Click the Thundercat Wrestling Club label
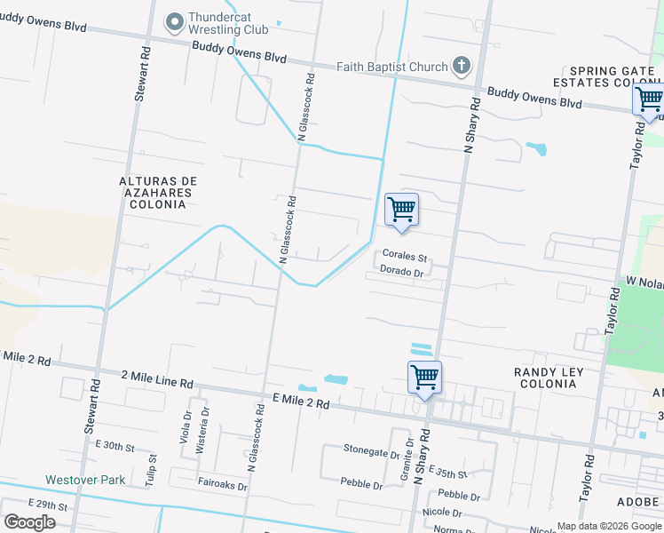point(233,22)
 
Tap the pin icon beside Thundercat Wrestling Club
point(174,20)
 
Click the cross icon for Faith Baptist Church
point(461,65)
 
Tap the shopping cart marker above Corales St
point(401,211)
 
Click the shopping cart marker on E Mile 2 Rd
point(425,378)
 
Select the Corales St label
point(405,256)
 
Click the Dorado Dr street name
point(401,271)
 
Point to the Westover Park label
point(85,481)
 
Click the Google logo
point(29,521)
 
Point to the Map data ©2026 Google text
point(609,526)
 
